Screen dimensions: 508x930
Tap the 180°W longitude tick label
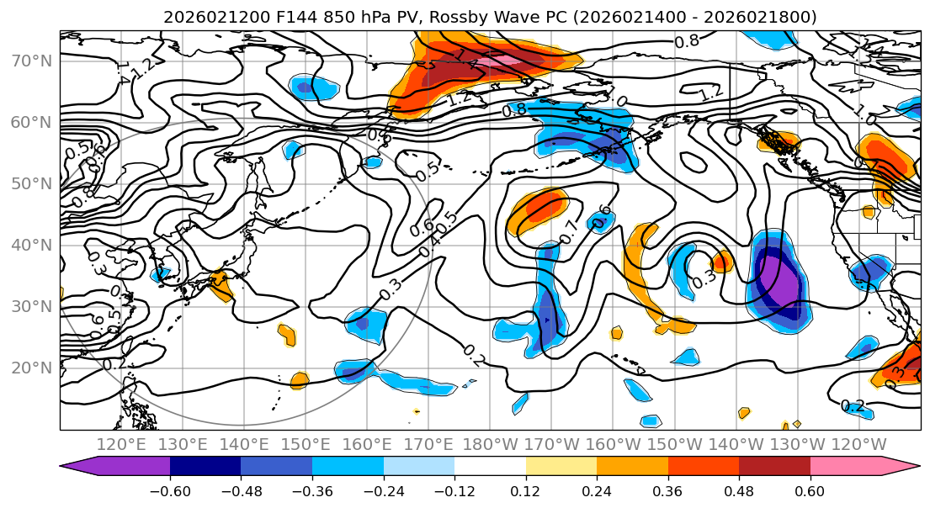(490, 444)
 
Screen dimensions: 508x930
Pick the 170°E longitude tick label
(429, 444)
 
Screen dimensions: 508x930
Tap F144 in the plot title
(261, 17)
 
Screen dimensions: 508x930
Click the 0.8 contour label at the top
(686, 40)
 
